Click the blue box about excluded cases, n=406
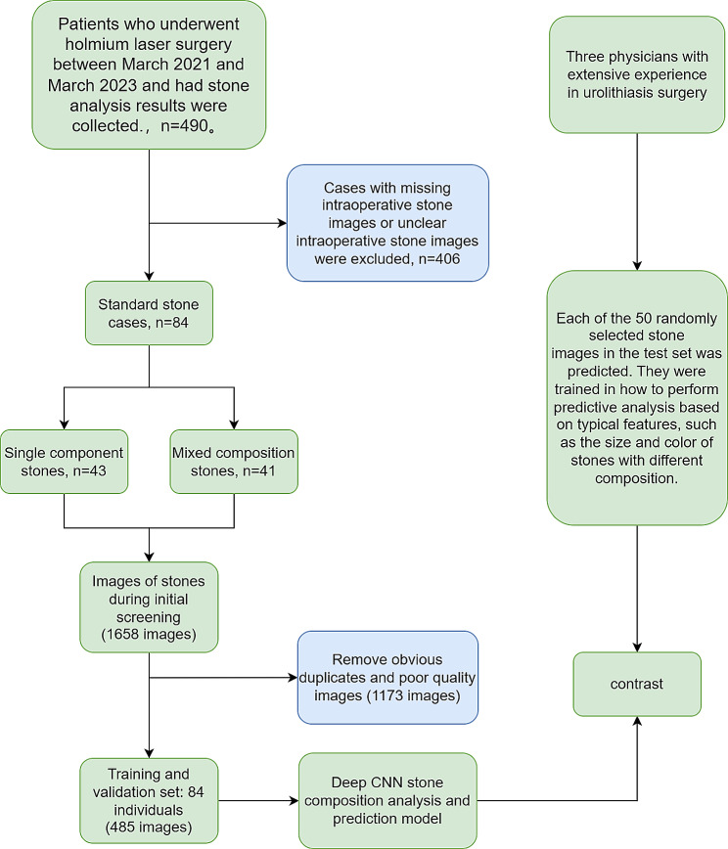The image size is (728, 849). pyautogui.click(x=387, y=223)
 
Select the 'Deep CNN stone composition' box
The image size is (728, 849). pyautogui.click(x=387, y=800)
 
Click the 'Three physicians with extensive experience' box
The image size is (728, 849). pyautogui.click(x=637, y=74)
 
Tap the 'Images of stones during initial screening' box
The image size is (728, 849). pyautogui.click(x=149, y=606)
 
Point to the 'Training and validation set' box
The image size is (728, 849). pyautogui.click(x=149, y=800)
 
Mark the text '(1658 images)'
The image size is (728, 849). pyautogui.click(x=149, y=634)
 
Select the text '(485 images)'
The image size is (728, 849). pyautogui.click(x=149, y=827)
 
